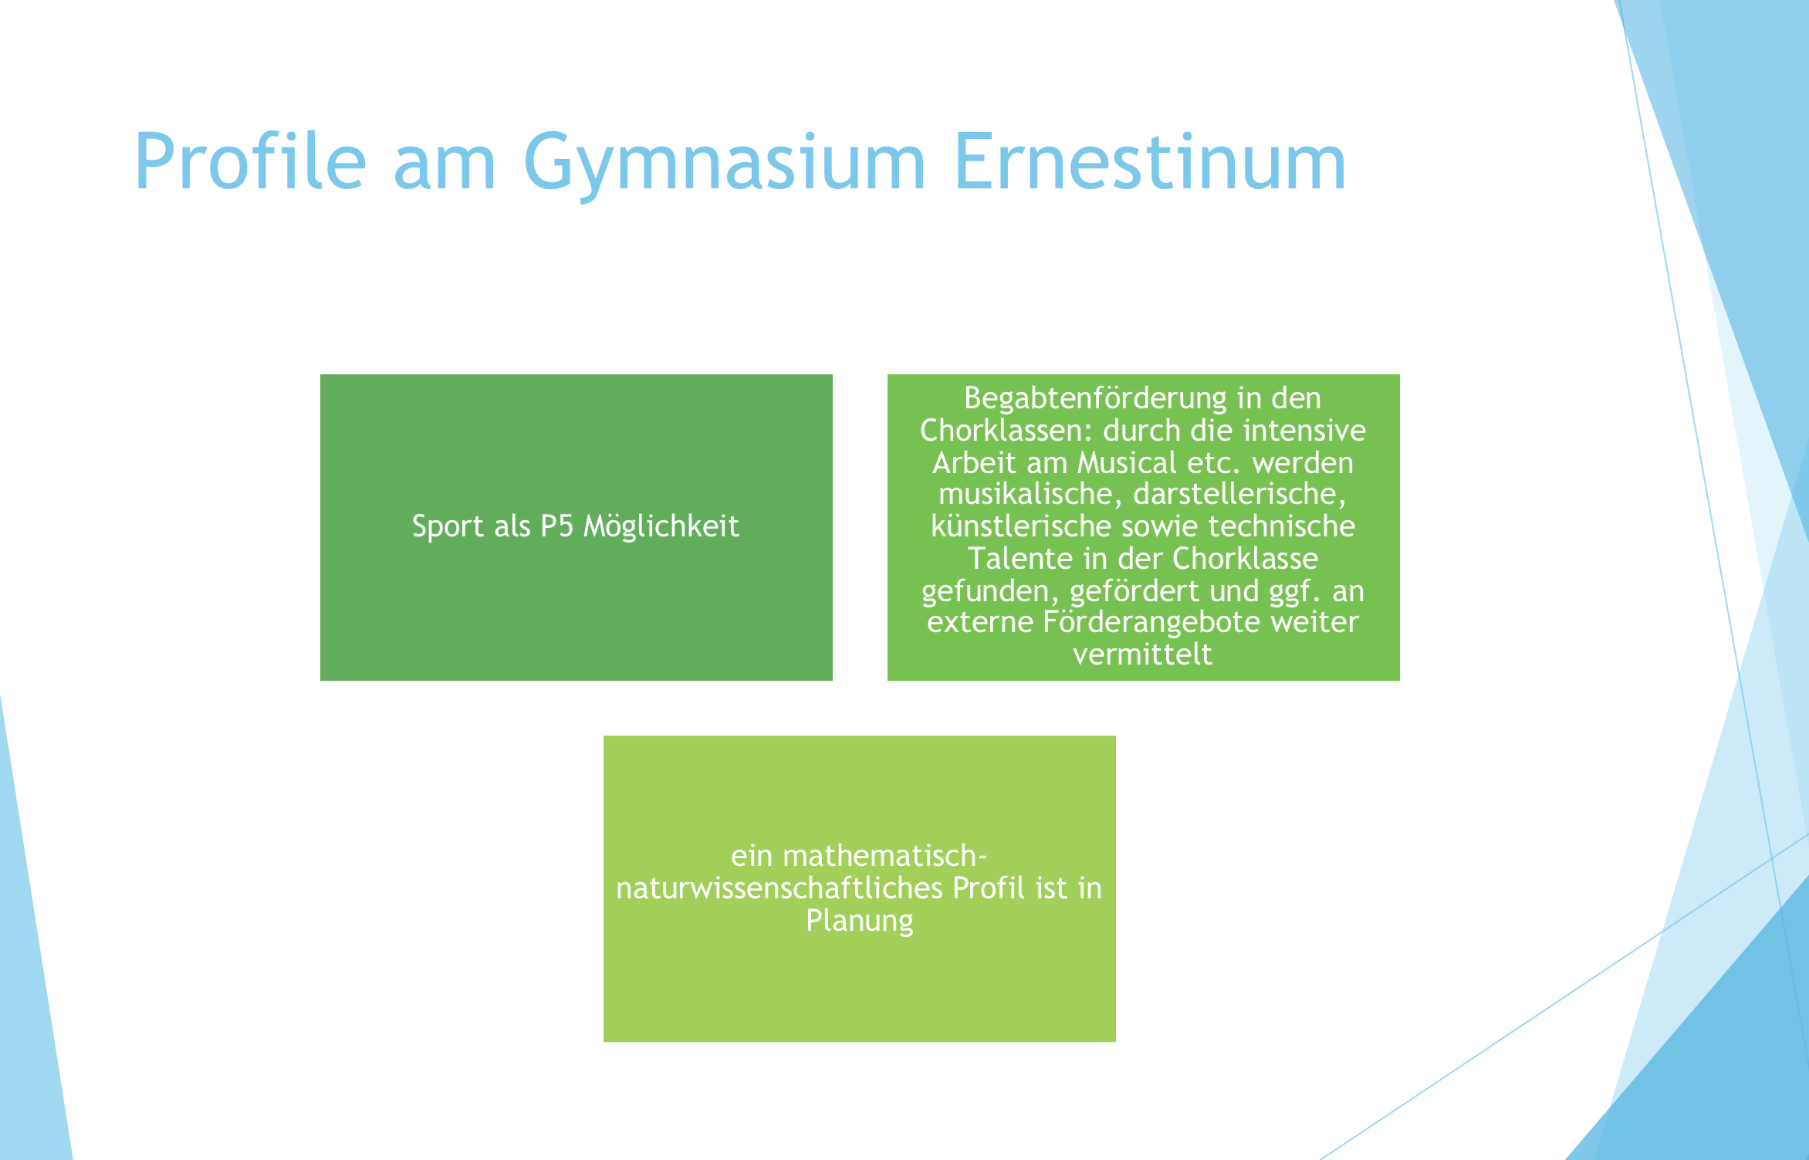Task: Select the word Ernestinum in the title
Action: (x=1150, y=162)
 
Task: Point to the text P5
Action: (x=556, y=526)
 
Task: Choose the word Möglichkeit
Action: (x=661, y=527)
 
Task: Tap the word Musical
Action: (x=1128, y=463)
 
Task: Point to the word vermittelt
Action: (x=1143, y=654)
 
